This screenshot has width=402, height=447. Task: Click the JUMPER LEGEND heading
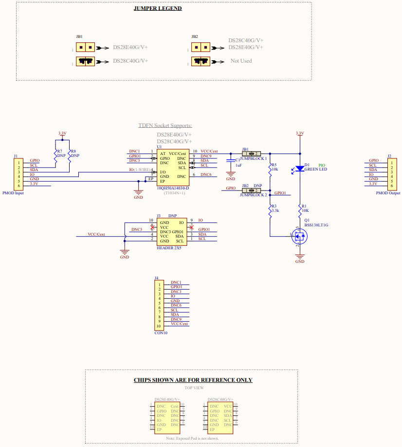[x=158, y=8]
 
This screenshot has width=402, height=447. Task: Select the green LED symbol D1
[x=300, y=168]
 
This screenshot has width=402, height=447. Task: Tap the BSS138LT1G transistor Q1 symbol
[x=299, y=237]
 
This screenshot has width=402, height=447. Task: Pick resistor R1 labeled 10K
[x=300, y=210]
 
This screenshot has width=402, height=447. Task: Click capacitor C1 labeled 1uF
[x=231, y=161]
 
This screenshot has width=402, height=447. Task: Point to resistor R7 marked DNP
[x=55, y=155]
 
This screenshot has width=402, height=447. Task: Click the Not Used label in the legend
[x=241, y=61]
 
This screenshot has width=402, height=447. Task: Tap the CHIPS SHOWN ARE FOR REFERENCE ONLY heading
[x=193, y=380]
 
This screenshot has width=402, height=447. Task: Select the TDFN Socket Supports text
[x=165, y=125]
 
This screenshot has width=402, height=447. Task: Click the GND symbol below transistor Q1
[x=300, y=258]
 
